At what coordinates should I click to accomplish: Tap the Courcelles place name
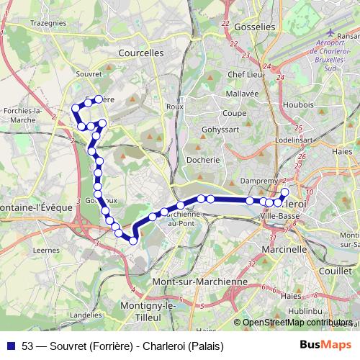click(x=141, y=53)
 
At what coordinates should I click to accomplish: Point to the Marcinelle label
click(x=285, y=249)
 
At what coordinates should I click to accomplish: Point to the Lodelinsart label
click(x=292, y=138)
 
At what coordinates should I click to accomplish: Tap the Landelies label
click(x=86, y=315)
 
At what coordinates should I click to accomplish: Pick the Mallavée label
click(x=241, y=94)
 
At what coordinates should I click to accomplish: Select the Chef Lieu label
click(x=243, y=74)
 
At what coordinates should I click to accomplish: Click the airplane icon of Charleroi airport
click(x=330, y=32)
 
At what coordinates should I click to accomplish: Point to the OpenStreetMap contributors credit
click(x=297, y=323)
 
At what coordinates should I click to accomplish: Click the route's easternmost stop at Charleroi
click(x=284, y=192)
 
